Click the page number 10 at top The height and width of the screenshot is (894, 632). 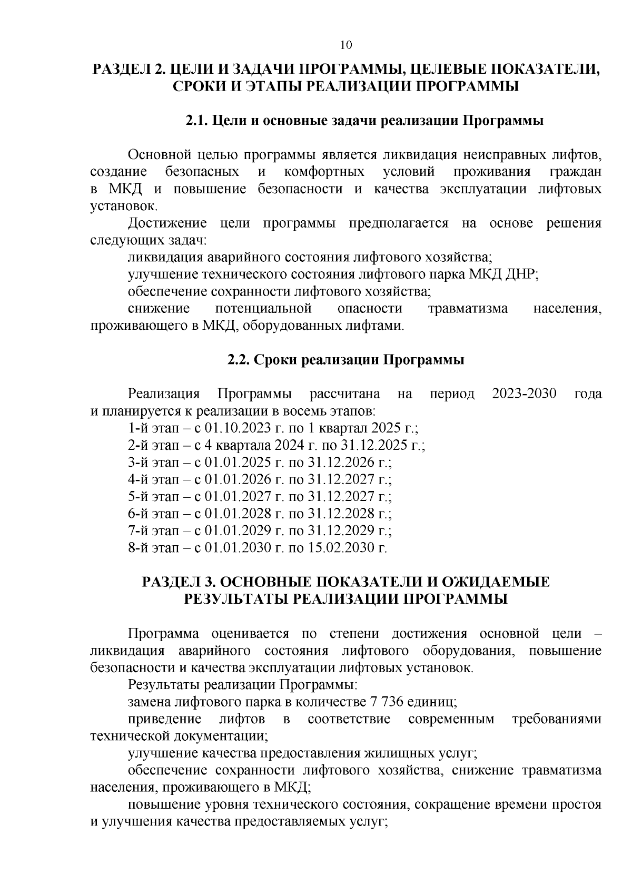click(x=346, y=45)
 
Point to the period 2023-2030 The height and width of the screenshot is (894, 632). click(x=524, y=394)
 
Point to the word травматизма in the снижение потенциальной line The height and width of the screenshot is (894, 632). click(x=468, y=309)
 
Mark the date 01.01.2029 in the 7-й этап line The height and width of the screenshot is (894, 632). click(x=238, y=530)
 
